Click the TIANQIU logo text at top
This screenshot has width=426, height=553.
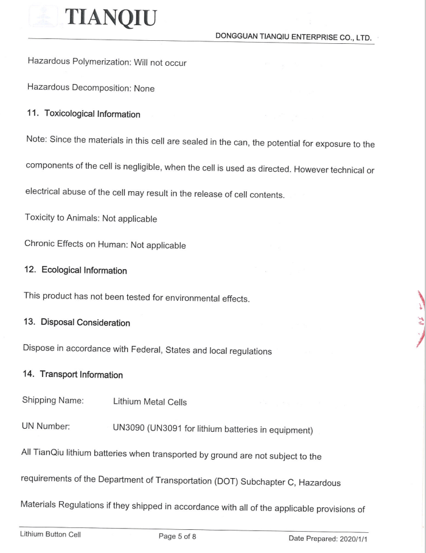coord(112,18)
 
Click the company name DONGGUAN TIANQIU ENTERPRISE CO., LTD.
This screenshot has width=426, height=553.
coord(293,37)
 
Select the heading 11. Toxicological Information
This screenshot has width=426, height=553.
coord(83,114)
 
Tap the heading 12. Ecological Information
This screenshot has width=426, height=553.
coord(76,270)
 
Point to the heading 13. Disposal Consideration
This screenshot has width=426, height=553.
coord(77,322)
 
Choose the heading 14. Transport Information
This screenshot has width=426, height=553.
coord(73,375)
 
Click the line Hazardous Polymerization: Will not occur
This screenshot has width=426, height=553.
coord(106,63)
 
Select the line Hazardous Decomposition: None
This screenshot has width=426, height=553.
coord(91,88)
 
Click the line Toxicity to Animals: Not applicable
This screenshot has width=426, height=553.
coord(91,218)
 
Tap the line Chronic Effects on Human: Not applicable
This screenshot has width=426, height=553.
coord(105,244)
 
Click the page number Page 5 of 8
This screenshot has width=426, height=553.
coord(177,536)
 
